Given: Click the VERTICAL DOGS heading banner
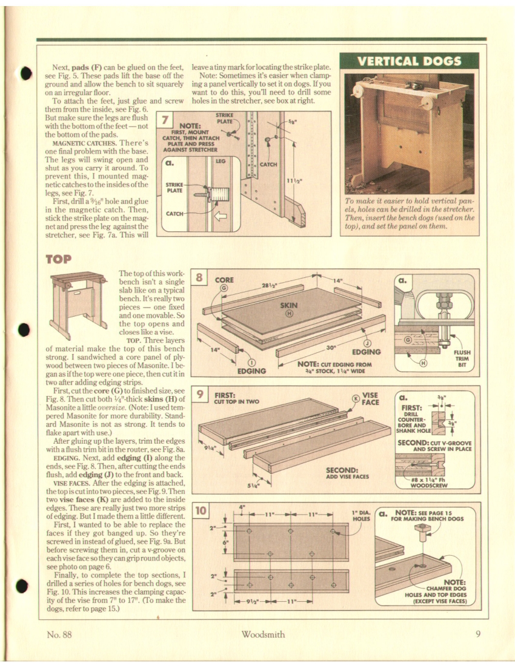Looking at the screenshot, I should pyautogui.click(x=409, y=61).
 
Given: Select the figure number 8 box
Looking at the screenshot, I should pyautogui.click(x=199, y=278).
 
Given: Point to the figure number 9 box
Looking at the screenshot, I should pyautogui.click(x=199, y=395).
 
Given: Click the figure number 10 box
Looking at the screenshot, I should pyautogui.click(x=200, y=512).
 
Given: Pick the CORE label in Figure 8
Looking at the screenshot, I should pyautogui.click(x=224, y=281).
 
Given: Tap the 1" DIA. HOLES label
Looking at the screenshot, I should pyautogui.click(x=362, y=516).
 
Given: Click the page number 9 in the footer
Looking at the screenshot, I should pyautogui.click(x=478, y=634).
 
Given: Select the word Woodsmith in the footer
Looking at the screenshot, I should pyautogui.click(x=262, y=634).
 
